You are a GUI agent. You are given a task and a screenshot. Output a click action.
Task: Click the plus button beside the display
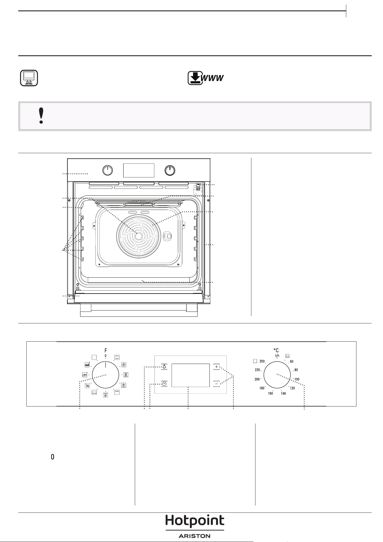217,367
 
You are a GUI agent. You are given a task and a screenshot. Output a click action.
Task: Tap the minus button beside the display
217,384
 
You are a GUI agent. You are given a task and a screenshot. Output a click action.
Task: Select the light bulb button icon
164,367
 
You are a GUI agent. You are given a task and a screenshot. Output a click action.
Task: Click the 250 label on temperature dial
262,361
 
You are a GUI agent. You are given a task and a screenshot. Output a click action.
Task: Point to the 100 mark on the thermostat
297,379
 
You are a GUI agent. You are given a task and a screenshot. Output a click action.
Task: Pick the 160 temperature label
270,393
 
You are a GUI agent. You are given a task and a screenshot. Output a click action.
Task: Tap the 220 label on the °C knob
257,370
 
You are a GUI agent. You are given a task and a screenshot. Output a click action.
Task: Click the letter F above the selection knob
106,350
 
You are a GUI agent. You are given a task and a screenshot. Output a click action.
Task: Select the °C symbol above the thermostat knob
276,350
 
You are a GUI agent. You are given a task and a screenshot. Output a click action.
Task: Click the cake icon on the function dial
87,365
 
